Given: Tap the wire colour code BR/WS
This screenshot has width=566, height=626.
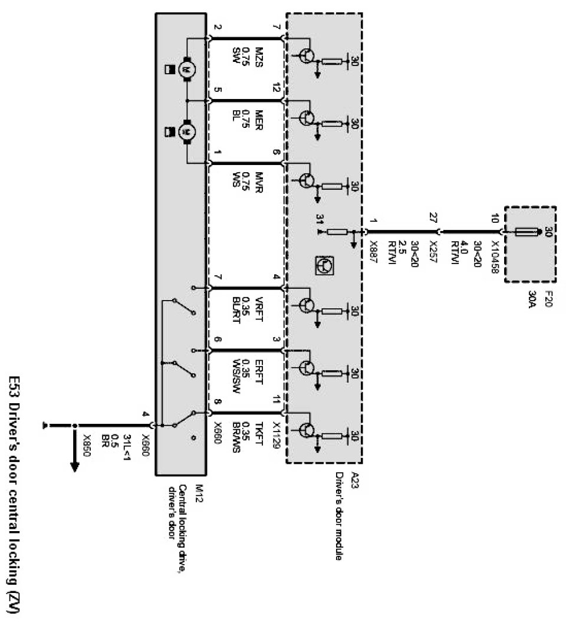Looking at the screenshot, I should coord(238,436).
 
